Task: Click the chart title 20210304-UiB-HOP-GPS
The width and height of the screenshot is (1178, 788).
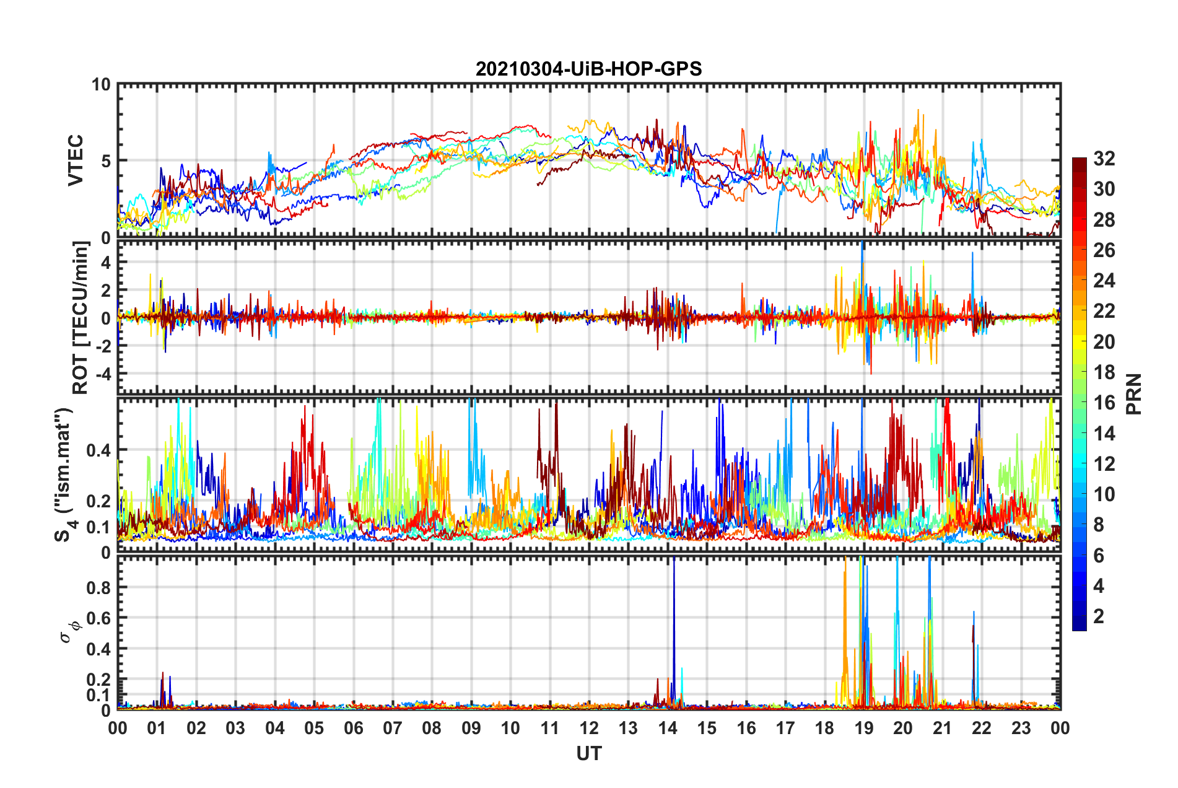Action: pyautogui.click(x=588, y=69)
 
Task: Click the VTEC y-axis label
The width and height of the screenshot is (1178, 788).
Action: pyautogui.click(x=76, y=160)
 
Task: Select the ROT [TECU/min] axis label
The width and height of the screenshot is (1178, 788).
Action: pyautogui.click(x=81, y=318)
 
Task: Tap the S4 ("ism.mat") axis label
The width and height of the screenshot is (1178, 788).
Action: pyautogui.click(x=64, y=475)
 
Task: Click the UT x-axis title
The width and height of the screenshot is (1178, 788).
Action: pyautogui.click(x=588, y=754)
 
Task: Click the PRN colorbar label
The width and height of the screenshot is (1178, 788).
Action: pyautogui.click(x=1133, y=394)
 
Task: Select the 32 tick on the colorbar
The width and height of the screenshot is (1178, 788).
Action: pyautogui.click(x=1104, y=159)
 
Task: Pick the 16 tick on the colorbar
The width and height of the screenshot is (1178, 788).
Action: pyautogui.click(x=1104, y=403)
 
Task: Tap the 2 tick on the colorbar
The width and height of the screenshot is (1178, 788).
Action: pyautogui.click(x=1099, y=616)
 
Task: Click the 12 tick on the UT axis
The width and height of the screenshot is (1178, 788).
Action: pyautogui.click(x=589, y=728)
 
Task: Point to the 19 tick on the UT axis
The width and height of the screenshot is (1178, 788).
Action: pyautogui.click(x=864, y=728)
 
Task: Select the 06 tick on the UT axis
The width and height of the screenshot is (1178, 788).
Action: pyautogui.click(x=354, y=728)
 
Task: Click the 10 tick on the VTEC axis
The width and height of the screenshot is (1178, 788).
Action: pyautogui.click(x=101, y=85)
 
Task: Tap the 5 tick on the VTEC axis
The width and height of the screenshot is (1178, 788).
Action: pyautogui.click(x=105, y=161)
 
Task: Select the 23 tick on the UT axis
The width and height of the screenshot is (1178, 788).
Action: pyautogui.click(x=1021, y=728)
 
